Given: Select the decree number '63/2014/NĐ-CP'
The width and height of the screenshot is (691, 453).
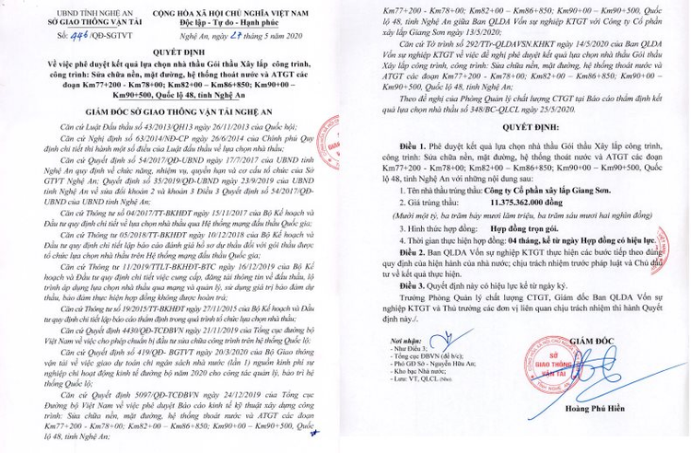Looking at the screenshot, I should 129,134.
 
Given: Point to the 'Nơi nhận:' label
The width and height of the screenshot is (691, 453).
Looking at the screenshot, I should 386,366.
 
